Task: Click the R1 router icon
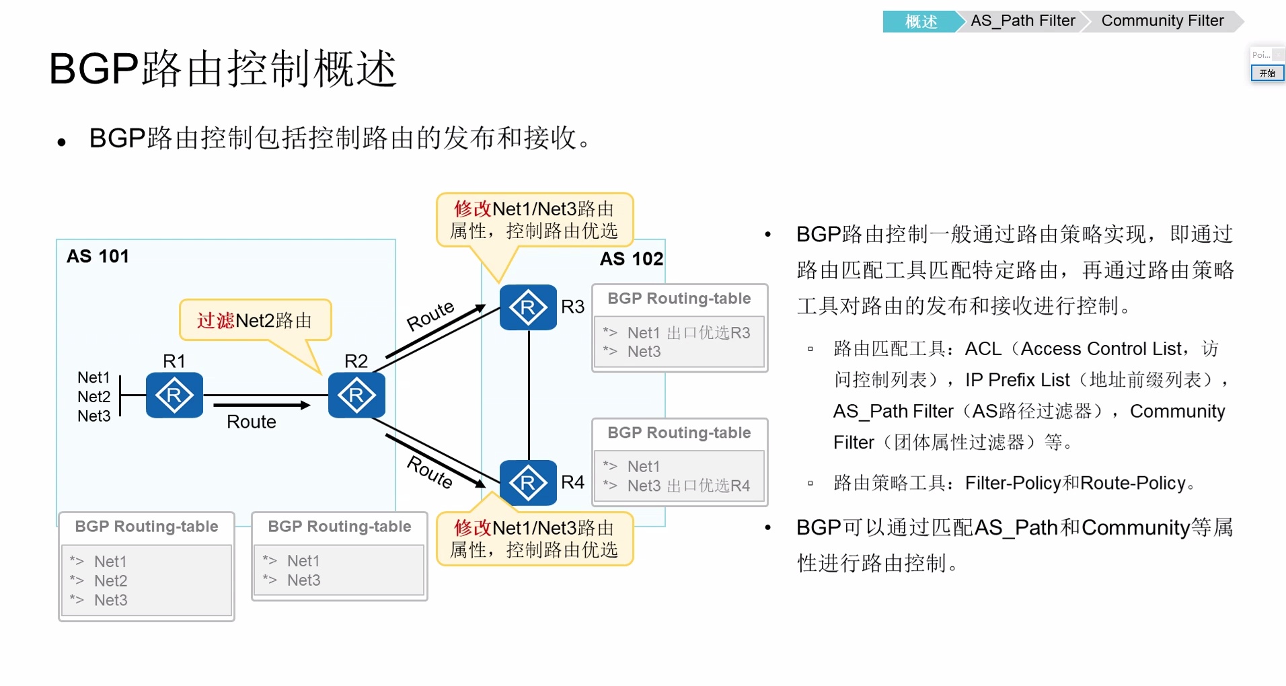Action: pos(174,395)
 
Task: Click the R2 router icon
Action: pos(356,395)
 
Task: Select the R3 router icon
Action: pos(528,308)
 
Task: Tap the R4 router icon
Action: pos(528,482)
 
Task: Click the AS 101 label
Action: pos(98,256)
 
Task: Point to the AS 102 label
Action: pos(631,259)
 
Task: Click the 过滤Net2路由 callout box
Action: pos(255,320)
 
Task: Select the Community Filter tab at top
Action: pos(1162,21)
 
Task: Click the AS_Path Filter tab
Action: pos(1022,21)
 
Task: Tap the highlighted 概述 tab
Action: pos(921,22)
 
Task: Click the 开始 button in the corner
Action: pos(1267,73)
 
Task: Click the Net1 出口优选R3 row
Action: pos(688,332)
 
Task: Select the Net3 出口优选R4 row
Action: pos(688,486)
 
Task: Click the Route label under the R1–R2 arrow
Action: pos(252,422)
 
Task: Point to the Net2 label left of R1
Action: pos(93,397)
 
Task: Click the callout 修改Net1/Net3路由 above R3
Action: pos(534,220)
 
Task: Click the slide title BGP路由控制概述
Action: pos(223,69)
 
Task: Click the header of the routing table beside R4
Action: pos(679,432)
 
